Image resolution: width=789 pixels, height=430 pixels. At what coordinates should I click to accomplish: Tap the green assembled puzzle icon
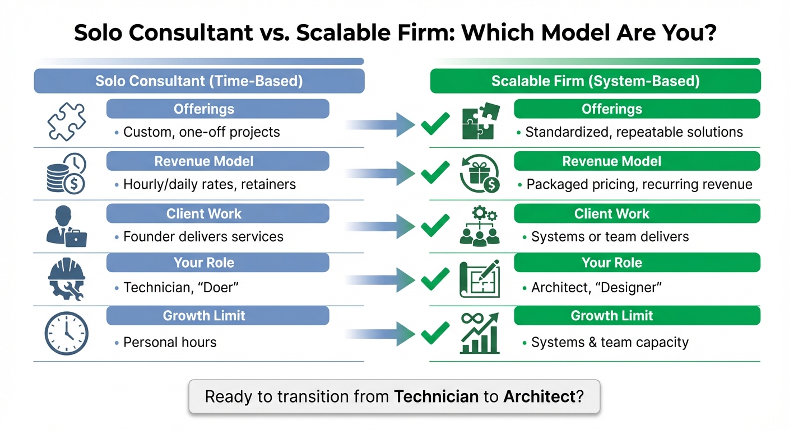point(478,121)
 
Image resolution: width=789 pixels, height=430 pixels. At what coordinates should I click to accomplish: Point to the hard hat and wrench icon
point(67,278)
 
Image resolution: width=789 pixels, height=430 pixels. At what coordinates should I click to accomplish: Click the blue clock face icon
point(67,333)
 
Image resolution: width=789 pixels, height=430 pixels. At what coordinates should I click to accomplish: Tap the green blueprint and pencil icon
point(479,278)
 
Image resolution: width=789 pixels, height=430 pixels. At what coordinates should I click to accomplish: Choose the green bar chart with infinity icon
point(479,333)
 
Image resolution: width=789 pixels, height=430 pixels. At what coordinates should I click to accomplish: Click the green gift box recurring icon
point(479,174)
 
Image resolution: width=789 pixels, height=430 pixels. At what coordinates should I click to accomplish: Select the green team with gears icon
point(479,226)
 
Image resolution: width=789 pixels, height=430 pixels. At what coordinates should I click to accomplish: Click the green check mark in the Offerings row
point(435,123)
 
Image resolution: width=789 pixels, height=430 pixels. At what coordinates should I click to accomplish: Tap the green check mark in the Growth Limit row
point(435,333)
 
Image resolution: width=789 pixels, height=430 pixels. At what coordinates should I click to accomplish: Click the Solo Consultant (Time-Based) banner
point(199,81)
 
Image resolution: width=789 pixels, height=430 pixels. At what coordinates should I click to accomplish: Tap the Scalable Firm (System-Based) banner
point(595,81)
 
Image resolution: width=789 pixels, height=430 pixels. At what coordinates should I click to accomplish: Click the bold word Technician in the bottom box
point(437,397)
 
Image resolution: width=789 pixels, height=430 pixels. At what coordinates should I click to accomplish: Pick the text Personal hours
point(170,342)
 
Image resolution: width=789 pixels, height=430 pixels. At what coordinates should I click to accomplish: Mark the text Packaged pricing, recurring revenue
point(639,184)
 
